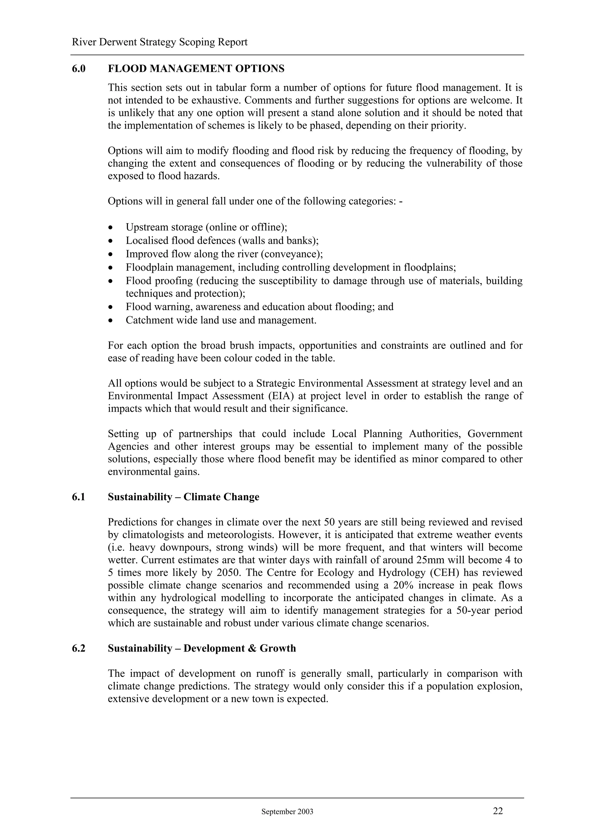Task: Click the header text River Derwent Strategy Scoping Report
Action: coord(160,42)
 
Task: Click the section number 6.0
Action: coord(79,68)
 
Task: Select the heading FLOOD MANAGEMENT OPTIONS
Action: coord(196,68)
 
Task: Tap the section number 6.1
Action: coord(79,497)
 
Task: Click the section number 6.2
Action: coord(79,648)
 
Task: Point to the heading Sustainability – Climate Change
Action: coord(183,497)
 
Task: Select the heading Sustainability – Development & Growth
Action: coord(202,648)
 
